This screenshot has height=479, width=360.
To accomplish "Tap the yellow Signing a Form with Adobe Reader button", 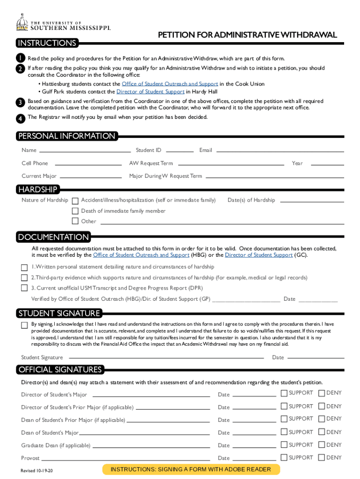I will pyautogui.click(x=190, y=469).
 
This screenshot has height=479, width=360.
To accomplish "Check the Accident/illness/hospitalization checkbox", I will pyautogui.click(x=75, y=200).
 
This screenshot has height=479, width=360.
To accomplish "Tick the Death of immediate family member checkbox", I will pyautogui.click(x=75, y=211).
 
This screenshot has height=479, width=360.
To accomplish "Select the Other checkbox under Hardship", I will pyautogui.click(x=75, y=221).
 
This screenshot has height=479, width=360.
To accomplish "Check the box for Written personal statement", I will pyautogui.click(x=24, y=267).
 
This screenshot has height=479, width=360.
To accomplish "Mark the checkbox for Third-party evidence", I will pyautogui.click(x=24, y=277).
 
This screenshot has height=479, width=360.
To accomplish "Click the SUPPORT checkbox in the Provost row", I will pyautogui.click(x=284, y=457).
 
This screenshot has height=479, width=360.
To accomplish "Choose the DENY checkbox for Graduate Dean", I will pyautogui.click(x=322, y=444).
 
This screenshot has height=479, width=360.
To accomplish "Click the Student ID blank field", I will pyautogui.click(x=180, y=151).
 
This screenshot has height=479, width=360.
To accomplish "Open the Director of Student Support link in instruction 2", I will pyautogui.click(x=150, y=92).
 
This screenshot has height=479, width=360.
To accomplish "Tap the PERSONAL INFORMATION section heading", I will pyautogui.click(x=66, y=136).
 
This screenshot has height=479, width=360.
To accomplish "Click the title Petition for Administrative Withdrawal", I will pyautogui.click(x=247, y=36).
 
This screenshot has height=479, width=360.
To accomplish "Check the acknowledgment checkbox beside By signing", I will pyautogui.click(x=24, y=325).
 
